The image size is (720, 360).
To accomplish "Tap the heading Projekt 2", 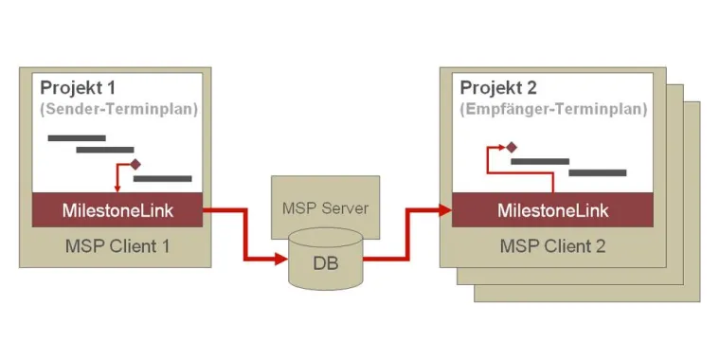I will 499,88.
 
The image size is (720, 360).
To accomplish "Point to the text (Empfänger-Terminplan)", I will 554,109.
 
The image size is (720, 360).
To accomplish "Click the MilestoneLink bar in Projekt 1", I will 117,209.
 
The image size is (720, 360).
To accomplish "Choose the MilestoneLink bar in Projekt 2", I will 553,209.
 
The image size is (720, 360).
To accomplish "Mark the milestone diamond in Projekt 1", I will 135,164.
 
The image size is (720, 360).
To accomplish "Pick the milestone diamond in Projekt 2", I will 511,147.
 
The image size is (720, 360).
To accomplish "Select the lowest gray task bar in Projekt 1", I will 162,177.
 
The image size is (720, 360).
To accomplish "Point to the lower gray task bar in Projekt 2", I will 597,173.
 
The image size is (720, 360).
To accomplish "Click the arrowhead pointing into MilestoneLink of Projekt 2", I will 444,209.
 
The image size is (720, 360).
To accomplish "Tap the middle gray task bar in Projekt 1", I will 104,149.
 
